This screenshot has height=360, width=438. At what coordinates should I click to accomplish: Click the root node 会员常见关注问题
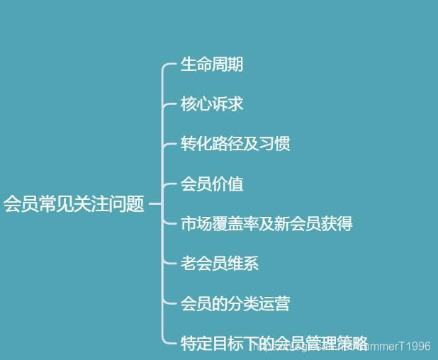pos(74,205)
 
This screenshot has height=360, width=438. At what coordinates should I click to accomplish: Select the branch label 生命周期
pos(212,64)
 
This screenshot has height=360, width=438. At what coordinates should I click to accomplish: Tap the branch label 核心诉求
pos(212,104)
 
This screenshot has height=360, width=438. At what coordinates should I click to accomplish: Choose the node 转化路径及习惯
pos(235,144)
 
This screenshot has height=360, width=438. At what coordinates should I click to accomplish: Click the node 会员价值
pos(212,184)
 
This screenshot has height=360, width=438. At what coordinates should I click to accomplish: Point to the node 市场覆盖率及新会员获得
pos(266,224)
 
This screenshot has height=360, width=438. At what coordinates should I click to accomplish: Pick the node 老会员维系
pos(220,264)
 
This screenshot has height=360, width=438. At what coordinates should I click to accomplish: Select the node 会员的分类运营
pos(235,304)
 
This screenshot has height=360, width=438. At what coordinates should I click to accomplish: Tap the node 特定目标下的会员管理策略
pos(274,344)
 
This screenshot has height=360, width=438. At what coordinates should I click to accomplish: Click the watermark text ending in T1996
pos(397,346)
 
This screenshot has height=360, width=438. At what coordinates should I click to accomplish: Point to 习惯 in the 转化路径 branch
pos(275,144)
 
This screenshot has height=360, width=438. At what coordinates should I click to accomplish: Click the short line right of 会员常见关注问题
pos(155,205)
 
